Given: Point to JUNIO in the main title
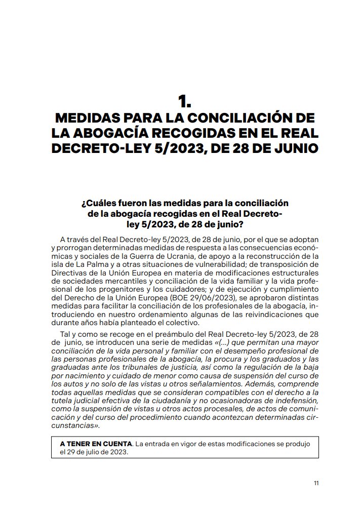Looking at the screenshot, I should (x=294, y=149).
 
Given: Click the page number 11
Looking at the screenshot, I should (x=316, y=483).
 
